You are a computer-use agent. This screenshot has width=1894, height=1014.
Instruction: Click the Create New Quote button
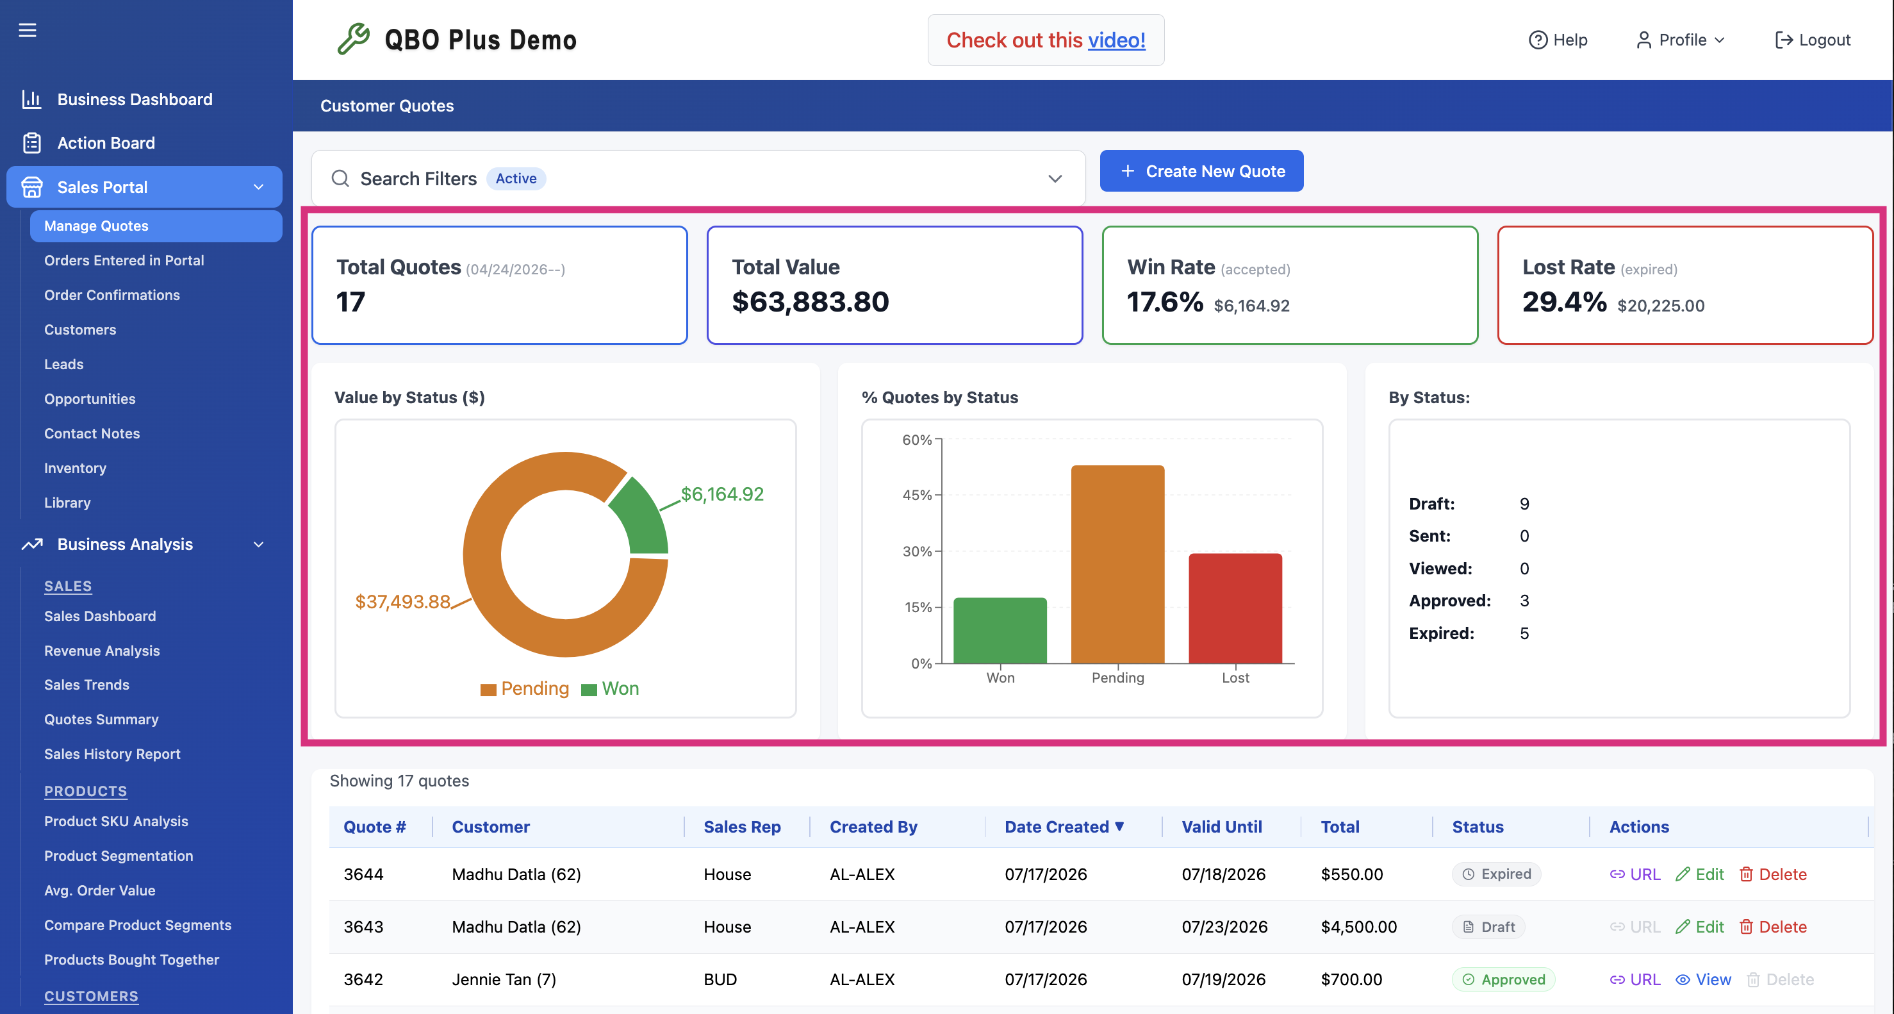1201,171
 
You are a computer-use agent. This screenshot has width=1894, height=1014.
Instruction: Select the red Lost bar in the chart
1235,608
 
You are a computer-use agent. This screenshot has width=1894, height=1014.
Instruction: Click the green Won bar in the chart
1000,630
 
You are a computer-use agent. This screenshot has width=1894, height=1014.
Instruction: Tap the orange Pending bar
1117,564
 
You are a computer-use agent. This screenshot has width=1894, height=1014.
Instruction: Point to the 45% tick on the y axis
917,495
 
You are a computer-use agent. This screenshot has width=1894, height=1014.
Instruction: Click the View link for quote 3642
1704,979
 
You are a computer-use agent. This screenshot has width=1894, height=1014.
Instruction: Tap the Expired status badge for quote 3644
1496,874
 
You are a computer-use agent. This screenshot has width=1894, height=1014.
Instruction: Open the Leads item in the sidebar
64,364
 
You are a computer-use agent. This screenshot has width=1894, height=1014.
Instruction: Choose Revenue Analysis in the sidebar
103,651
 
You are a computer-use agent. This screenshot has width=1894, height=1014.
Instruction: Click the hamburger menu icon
27,30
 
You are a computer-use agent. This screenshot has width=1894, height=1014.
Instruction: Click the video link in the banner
1116,40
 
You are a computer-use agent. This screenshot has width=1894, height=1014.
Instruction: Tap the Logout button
1813,40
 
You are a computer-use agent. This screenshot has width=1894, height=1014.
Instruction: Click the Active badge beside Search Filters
516,179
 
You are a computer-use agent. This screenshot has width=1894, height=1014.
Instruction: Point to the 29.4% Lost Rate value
1565,303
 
